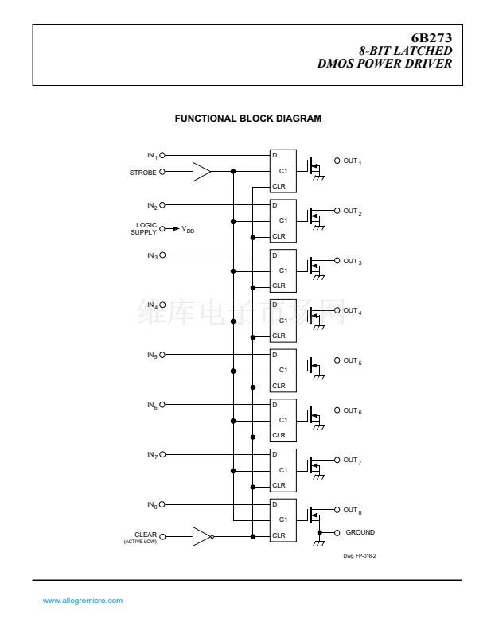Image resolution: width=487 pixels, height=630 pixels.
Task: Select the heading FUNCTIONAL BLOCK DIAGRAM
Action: (248, 119)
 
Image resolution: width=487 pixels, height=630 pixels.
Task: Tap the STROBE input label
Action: (143, 171)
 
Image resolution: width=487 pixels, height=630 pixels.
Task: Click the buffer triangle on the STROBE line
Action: (201, 171)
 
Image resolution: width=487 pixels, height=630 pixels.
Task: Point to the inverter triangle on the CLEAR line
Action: (201, 536)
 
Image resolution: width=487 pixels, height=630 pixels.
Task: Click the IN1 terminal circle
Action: (162, 155)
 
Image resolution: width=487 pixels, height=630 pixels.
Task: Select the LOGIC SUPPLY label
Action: (145, 228)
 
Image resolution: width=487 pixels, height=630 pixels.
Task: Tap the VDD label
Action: (189, 229)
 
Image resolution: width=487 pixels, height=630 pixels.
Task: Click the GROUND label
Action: (360, 532)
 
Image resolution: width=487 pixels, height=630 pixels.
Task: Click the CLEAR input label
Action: (146, 535)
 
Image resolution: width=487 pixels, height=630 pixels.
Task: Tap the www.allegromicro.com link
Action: (82, 601)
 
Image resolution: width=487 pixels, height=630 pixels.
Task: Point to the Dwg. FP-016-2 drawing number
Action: (359, 556)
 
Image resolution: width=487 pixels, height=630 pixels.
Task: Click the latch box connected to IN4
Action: (282, 321)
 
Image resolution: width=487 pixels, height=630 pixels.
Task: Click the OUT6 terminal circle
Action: (337, 410)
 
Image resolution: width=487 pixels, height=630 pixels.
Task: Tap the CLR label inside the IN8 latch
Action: (279, 535)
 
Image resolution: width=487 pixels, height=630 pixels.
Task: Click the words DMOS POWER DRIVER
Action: (385, 63)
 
